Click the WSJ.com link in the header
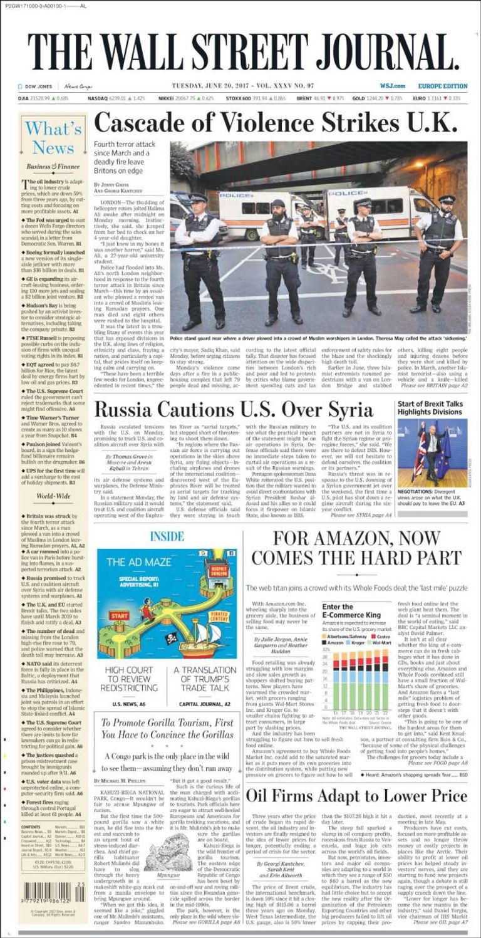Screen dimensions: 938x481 (x=392, y=86)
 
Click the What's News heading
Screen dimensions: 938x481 (x=53, y=138)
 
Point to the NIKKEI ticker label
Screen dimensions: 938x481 (x=166, y=98)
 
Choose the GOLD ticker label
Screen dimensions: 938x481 (x=358, y=98)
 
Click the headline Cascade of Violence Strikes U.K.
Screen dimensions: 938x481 (x=276, y=121)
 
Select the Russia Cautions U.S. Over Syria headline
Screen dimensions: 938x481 (x=233, y=410)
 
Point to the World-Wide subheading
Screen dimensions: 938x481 (x=53, y=496)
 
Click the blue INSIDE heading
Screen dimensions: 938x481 (x=167, y=536)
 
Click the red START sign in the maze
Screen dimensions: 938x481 (x=119, y=615)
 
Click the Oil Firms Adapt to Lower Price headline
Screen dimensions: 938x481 (x=356, y=796)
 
